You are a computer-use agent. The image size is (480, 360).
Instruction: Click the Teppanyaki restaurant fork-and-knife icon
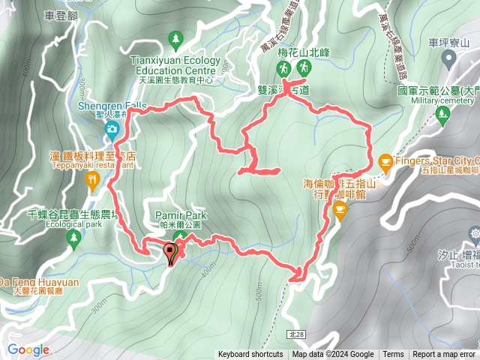[x=92, y=179]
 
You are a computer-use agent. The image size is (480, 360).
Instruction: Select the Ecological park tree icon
[x=73, y=238]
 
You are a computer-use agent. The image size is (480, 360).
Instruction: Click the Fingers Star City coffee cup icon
[x=385, y=160]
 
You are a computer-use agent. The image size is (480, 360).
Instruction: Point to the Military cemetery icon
[x=442, y=113]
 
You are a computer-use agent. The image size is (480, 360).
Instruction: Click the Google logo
[x=28, y=349]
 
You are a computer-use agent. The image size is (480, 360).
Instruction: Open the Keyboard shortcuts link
[x=250, y=355]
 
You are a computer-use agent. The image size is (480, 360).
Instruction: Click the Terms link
[x=393, y=355]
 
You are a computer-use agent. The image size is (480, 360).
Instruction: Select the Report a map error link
[x=444, y=355]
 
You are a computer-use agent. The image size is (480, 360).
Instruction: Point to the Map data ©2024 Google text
[x=333, y=355]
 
